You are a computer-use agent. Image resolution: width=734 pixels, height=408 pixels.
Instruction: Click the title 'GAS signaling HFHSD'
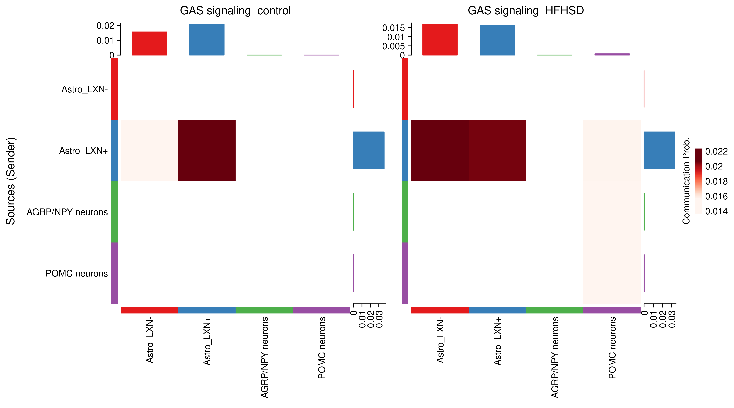pos(526,11)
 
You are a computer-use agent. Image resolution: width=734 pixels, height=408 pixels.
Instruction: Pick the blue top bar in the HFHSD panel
pos(497,40)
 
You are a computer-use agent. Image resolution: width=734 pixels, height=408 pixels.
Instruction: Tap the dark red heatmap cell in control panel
pos(207,150)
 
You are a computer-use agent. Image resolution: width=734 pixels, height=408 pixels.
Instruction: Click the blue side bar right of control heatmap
pos(369,150)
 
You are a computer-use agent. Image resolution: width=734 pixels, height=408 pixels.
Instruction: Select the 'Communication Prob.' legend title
pos(686,181)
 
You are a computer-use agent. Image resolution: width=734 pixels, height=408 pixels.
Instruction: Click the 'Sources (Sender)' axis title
pos(11,181)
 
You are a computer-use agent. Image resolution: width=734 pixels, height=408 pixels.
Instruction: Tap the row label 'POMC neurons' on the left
pos(77,273)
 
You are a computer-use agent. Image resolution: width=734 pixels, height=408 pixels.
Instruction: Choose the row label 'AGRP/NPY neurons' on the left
pos(67,212)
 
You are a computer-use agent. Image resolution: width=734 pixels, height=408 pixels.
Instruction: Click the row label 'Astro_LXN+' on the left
pos(83,151)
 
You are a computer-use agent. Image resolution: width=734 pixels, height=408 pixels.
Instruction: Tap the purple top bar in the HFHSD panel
pos(612,54)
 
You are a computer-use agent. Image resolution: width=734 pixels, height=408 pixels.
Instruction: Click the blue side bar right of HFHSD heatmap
pos(659,150)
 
